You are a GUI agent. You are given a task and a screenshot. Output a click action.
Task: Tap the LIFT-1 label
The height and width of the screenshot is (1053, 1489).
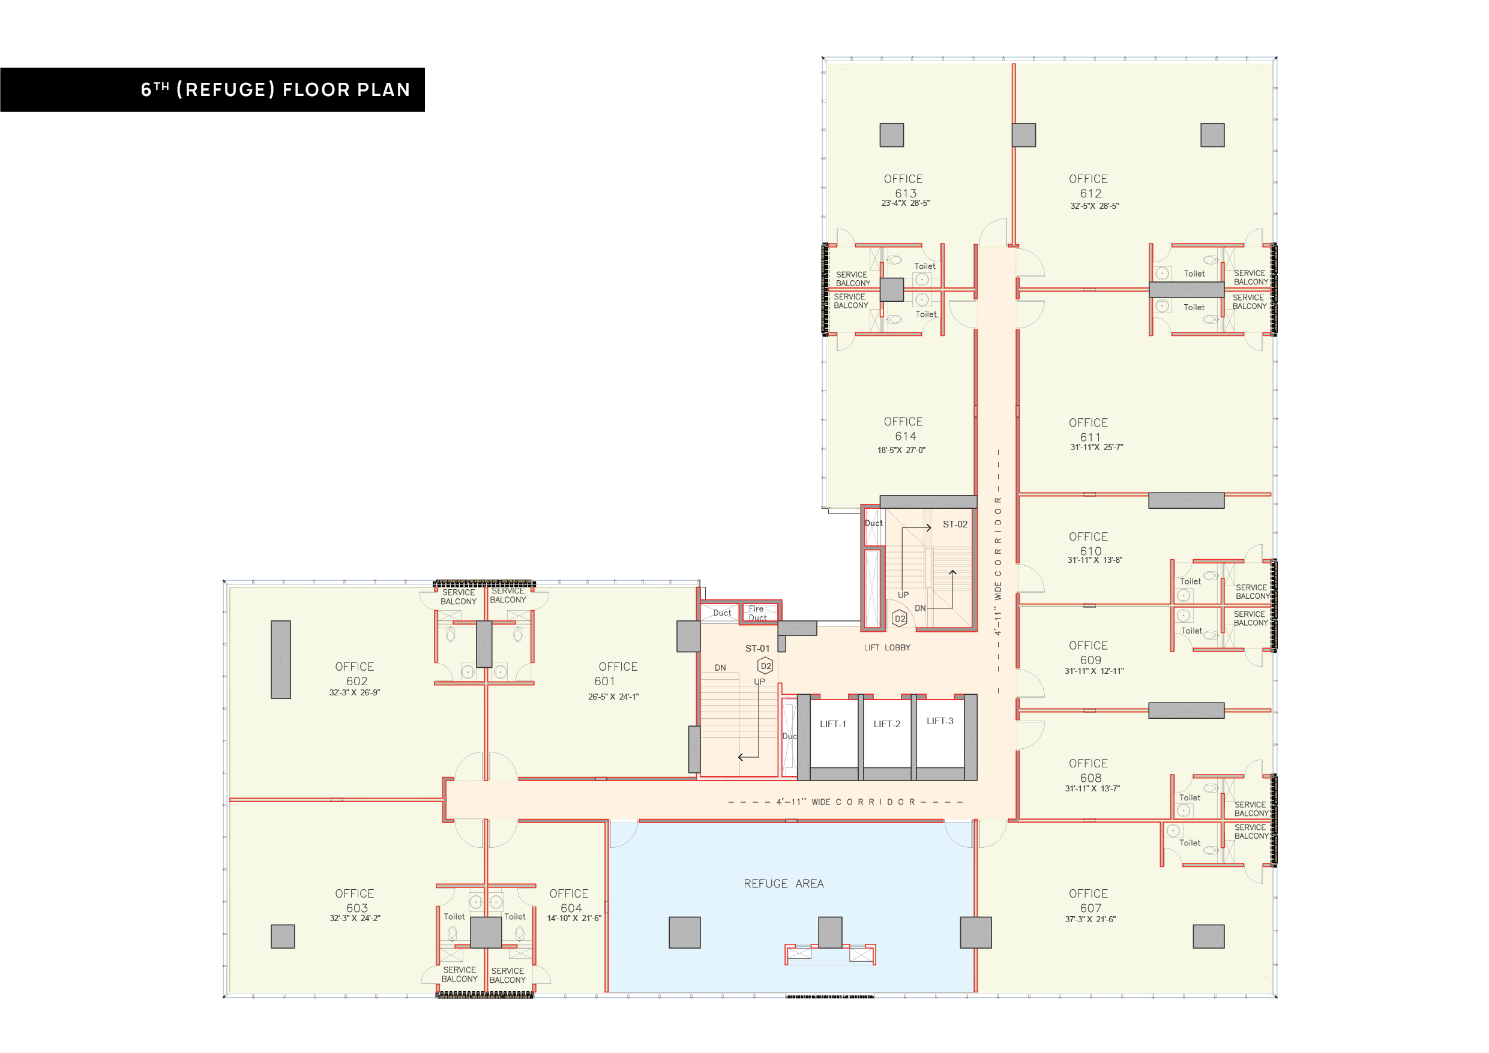[x=832, y=724]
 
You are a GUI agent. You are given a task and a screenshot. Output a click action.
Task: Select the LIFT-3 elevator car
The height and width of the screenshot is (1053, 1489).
[x=940, y=734]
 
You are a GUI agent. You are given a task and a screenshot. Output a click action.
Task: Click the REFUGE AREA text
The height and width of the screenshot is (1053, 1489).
[x=783, y=884]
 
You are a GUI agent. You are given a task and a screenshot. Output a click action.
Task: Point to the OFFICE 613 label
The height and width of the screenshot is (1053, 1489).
[x=904, y=186]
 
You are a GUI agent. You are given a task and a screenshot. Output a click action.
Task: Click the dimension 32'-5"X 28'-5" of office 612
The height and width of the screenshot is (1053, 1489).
[x=1094, y=206]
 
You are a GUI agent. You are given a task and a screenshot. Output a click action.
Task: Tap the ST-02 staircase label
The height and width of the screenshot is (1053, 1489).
[x=955, y=524]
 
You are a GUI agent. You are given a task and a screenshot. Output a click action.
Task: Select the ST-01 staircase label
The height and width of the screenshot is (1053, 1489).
[x=757, y=649]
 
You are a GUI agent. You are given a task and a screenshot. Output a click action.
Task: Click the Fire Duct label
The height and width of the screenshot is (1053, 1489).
[x=757, y=613]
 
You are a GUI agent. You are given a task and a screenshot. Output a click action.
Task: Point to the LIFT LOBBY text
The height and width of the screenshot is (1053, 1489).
[x=886, y=648]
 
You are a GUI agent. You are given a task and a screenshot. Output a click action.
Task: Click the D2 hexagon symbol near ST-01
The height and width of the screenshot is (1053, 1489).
[x=765, y=666]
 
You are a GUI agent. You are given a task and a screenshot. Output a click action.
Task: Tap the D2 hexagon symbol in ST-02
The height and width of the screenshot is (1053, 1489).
[x=900, y=619]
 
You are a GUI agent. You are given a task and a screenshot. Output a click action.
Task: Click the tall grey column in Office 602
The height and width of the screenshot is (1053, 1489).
[x=281, y=659]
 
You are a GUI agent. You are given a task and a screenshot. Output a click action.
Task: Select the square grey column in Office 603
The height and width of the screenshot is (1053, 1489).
[x=283, y=936]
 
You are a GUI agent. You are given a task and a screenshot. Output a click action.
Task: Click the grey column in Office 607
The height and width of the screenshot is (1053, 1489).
[x=1208, y=936]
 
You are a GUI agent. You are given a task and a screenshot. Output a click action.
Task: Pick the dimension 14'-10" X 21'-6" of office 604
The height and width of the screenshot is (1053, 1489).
[x=574, y=918]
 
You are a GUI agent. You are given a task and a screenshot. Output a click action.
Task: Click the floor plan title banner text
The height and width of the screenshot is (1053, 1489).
[x=275, y=89]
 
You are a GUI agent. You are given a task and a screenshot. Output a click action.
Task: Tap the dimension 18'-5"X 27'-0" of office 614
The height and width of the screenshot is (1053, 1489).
[x=901, y=450]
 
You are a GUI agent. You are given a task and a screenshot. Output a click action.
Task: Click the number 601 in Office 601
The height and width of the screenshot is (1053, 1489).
[x=604, y=682]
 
